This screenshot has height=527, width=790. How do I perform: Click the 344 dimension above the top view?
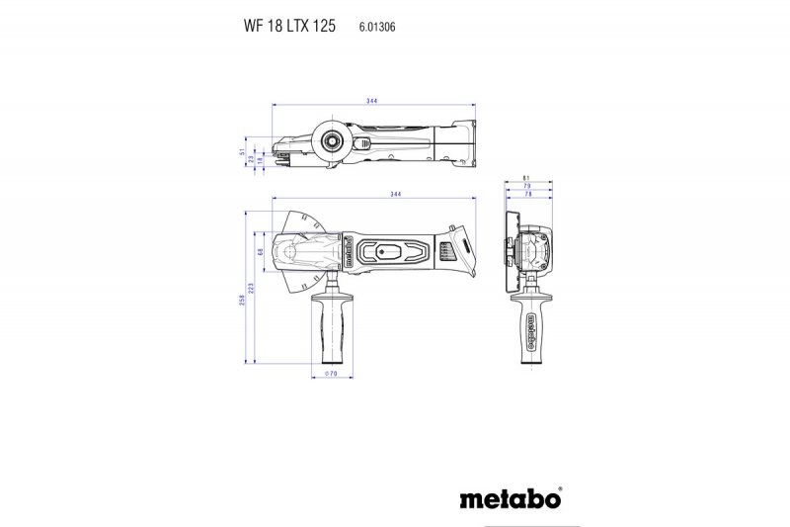pos(371,102)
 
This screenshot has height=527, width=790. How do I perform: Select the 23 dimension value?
pos(251,157)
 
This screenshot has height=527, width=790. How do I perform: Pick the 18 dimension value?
pos(261,161)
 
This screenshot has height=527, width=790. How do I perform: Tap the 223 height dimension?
pos(253,287)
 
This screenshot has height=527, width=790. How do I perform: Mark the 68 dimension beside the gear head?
pos(261,253)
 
